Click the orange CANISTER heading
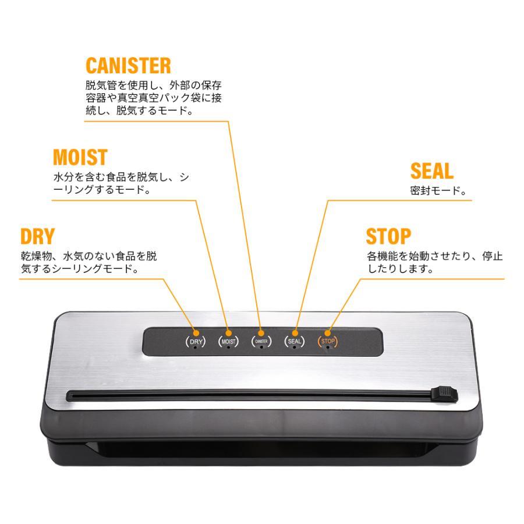[x=128, y=65]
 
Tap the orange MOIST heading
[x=80, y=157]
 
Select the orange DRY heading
[x=37, y=236]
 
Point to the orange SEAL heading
[x=432, y=171]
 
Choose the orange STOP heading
[x=388, y=236]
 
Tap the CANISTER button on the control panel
[x=261, y=342]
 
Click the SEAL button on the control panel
[x=295, y=342]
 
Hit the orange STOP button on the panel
[x=327, y=342]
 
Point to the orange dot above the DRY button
[x=196, y=333]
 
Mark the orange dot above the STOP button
[x=327, y=333]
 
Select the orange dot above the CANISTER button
[x=261, y=333]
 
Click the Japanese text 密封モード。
[x=438, y=191]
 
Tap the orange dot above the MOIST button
[x=229, y=333]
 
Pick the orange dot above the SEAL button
[x=295, y=333]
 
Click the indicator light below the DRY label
[x=195, y=348]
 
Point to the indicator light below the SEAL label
[x=294, y=348]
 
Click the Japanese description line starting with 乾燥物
[x=88, y=256]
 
